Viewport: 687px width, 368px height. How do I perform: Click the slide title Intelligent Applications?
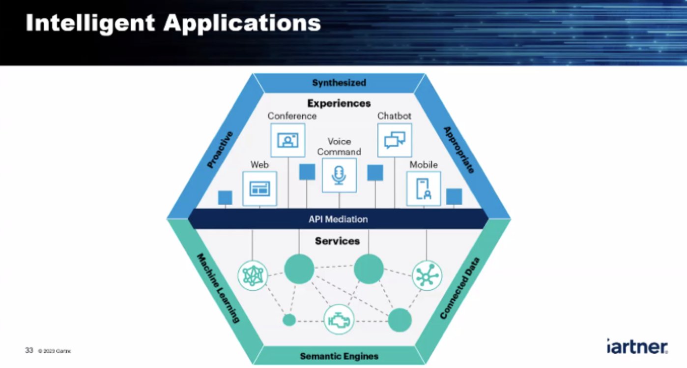tap(173, 23)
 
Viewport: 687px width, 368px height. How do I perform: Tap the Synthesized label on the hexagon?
tap(339, 83)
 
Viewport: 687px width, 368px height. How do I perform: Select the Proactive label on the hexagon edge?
tap(220, 150)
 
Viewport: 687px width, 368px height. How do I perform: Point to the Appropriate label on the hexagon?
tap(459, 150)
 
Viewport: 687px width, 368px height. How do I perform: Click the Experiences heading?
tap(339, 103)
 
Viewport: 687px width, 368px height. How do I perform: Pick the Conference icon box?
tap(287, 140)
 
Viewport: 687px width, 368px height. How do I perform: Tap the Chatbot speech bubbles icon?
tap(395, 140)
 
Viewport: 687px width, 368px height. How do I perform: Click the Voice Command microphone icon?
tap(339, 175)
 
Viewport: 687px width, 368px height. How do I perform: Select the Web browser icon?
tap(259, 188)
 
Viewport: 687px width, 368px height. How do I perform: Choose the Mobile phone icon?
tap(423, 188)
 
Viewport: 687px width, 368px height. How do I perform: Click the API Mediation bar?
tap(338, 219)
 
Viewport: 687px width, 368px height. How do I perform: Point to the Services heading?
tap(337, 241)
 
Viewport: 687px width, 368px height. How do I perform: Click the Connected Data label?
tap(459, 288)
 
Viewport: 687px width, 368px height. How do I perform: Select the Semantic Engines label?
tap(339, 356)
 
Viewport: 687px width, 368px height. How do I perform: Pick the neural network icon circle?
tap(253, 275)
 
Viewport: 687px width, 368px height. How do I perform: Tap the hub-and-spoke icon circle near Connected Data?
tap(427, 275)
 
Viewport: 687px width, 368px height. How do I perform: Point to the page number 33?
tap(29, 350)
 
